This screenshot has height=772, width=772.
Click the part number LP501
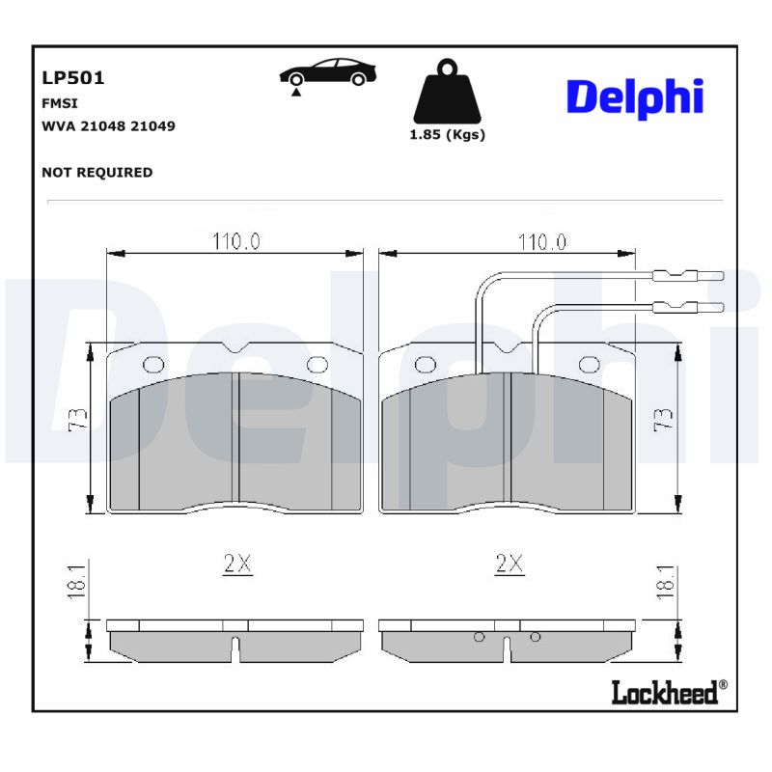coord(73,78)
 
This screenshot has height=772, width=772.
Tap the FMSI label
coord(60,103)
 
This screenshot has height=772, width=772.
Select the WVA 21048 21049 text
coord(108,126)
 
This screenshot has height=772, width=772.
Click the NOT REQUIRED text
coord(96,173)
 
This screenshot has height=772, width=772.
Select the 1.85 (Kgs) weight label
coord(448,135)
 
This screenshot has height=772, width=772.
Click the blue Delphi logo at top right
coord(634,97)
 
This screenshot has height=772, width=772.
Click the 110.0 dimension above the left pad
coord(236,241)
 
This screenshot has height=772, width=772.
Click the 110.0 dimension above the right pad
coord(541,241)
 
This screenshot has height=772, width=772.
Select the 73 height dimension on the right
coord(664,420)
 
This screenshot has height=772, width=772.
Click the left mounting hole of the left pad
coord(153,365)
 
